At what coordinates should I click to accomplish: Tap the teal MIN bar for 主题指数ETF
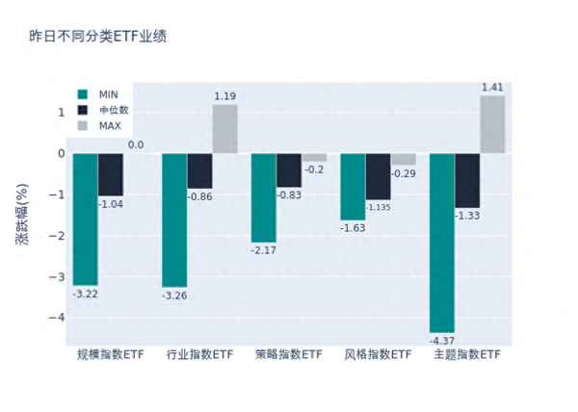click(x=442, y=242)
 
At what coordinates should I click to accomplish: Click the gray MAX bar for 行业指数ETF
click(x=224, y=129)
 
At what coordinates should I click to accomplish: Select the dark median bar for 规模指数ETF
click(x=111, y=174)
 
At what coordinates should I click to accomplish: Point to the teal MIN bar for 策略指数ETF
click(x=263, y=197)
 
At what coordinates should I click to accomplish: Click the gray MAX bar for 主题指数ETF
click(x=491, y=124)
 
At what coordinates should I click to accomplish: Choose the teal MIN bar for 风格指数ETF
click(x=353, y=187)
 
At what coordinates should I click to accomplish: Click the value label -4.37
click(x=443, y=340)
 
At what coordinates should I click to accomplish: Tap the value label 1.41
click(x=492, y=88)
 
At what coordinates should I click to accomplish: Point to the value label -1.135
click(x=379, y=207)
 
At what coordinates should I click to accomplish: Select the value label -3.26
click(x=174, y=295)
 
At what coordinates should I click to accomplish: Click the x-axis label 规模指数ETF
click(x=110, y=355)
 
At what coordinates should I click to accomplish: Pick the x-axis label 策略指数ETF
click(x=288, y=355)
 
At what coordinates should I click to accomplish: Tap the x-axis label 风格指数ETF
click(x=378, y=355)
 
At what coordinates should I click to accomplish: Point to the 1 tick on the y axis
click(x=61, y=113)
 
